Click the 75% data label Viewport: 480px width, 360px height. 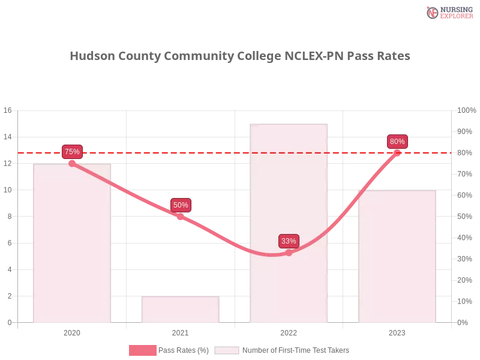pyautogui.click(x=72, y=151)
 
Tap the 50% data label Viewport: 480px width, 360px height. pyautogui.click(x=180, y=205)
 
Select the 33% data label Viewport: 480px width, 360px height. pyautogui.click(x=289, y=241)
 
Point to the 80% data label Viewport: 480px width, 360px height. pyautogui.click(x=397, y=142)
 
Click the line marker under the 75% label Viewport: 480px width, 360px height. pyautogui.click(x=72, y=163)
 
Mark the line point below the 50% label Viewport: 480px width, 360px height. pyautogui.click(x=180, y=216)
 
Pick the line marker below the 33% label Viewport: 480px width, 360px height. pyautogui.click(x=289, y=253)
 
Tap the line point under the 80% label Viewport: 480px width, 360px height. pyautogui.click(x=397, y=152)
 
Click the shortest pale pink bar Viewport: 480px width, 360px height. pyautogui.click(x=180, y=309)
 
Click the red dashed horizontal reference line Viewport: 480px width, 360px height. pyautogui.click(x=234, y=152)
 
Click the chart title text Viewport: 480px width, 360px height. pyautogui.click(x=240, y=56)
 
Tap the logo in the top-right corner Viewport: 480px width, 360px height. pyautogui.click(x=448, y=12)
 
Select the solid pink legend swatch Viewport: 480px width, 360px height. pyautogui.click(x=142, y=350)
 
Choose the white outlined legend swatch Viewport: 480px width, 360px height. pyautogui.click(x=226, y=350)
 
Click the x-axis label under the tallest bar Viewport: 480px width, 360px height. pyautogui.click(x=289, y=332)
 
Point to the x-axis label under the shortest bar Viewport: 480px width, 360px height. pyautogui.click(x=180, y=332)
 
